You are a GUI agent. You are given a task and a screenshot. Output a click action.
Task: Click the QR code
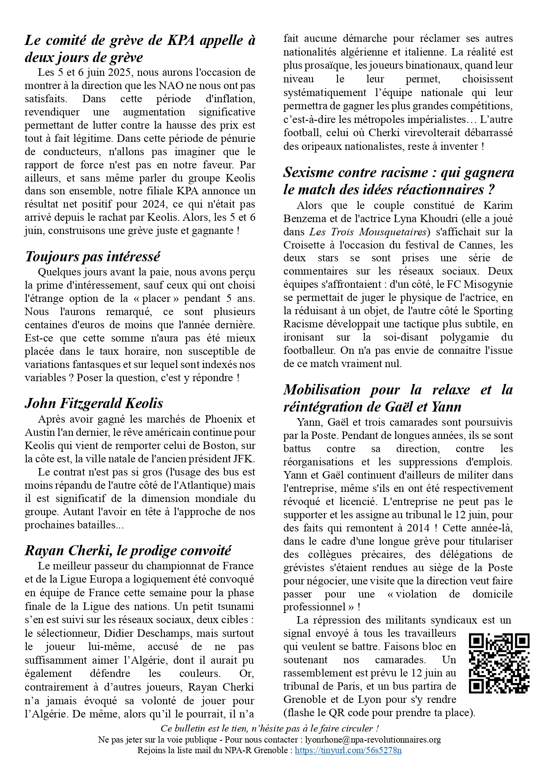point(499,663)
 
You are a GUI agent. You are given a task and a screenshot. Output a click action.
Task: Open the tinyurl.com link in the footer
point(348,751)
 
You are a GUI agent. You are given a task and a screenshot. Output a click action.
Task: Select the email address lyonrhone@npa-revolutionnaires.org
point(373,740)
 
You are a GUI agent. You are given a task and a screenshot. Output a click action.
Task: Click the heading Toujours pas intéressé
point(93,256)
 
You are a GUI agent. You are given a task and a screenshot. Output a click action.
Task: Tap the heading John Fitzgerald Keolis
point(94,403)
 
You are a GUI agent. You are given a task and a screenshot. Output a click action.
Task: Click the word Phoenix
point(223,419)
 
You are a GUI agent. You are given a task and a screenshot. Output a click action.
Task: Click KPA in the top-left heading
point(181,41)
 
